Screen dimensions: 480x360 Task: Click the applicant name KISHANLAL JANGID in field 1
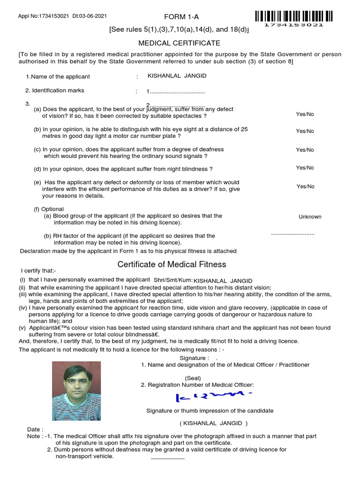177,76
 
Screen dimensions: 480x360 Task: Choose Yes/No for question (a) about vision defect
305,114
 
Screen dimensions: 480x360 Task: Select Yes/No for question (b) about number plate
305,131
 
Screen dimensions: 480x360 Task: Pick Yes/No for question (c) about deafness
305,150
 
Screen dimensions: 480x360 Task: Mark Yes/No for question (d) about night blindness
305,168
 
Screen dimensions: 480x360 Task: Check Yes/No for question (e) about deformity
305,187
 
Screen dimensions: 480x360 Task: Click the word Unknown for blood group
310,217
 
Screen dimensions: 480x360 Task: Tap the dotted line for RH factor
293,233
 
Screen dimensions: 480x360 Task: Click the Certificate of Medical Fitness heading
172,264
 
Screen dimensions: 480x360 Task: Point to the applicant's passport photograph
76,391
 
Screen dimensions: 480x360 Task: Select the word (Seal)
193,378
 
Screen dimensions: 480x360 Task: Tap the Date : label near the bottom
35,429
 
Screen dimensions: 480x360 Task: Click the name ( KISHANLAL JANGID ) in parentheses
213,423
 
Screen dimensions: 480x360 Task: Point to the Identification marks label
54,90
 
